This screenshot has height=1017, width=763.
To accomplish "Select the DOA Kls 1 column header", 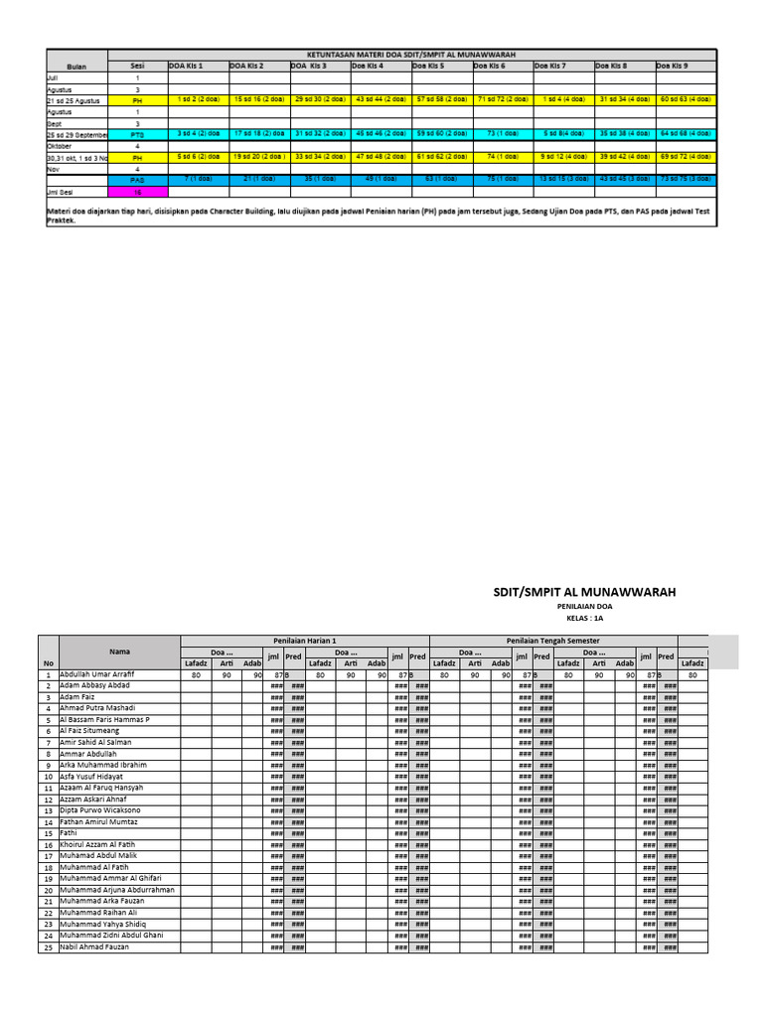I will point(185,66).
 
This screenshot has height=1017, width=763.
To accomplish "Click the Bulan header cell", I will point(76,66).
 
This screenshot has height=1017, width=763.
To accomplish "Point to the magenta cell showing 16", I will point(138,192).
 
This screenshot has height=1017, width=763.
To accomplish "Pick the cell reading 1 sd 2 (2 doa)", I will point(199,99).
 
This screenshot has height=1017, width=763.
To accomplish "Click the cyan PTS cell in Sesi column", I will point(138,133).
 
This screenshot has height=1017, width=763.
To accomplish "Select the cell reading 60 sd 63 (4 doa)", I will point(686,99).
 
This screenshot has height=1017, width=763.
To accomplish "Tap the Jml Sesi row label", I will point(61,192).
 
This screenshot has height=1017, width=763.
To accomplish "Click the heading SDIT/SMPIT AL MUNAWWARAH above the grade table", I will point(584,592).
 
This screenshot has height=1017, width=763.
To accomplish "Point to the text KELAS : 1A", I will point(584,618).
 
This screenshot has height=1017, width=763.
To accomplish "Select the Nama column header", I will point(120,652).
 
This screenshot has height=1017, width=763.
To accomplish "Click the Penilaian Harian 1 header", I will point(304,641).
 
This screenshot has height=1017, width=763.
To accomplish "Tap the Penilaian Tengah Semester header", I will point(552,641).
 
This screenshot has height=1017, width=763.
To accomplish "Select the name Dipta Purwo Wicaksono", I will point(100,810).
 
